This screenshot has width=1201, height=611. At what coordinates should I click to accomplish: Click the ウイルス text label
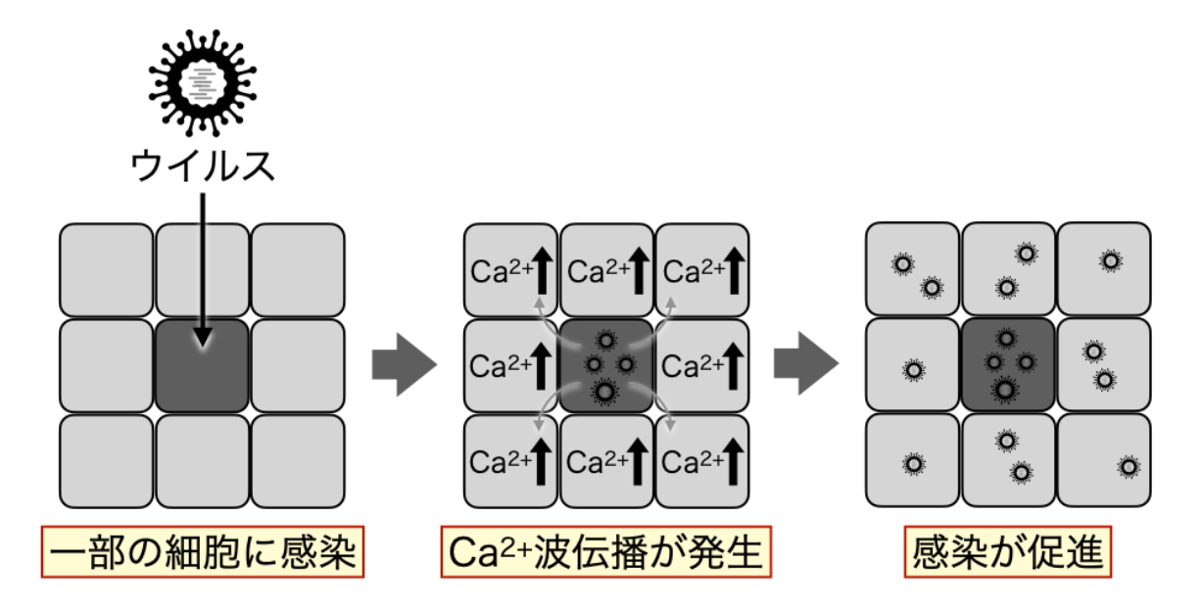[203, 166]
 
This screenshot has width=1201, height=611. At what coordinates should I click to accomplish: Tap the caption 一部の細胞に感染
[203, 554]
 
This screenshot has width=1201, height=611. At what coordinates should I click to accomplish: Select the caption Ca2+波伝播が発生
[605, 554]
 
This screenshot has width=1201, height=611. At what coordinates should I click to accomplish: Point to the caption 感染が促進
[1008, 554]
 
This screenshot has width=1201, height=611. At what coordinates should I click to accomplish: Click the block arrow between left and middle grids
[403, 364]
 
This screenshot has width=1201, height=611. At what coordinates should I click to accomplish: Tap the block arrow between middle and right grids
[805, 364]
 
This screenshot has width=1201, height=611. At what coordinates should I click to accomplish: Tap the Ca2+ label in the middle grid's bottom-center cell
[594, 461]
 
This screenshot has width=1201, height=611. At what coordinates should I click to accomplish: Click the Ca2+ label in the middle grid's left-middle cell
[498, 366]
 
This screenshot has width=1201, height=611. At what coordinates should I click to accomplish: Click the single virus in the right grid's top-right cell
[1110, 260]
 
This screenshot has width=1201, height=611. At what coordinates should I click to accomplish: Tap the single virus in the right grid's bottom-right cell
[1128, 466]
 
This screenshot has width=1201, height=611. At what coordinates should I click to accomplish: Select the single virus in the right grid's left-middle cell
[914, 370]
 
